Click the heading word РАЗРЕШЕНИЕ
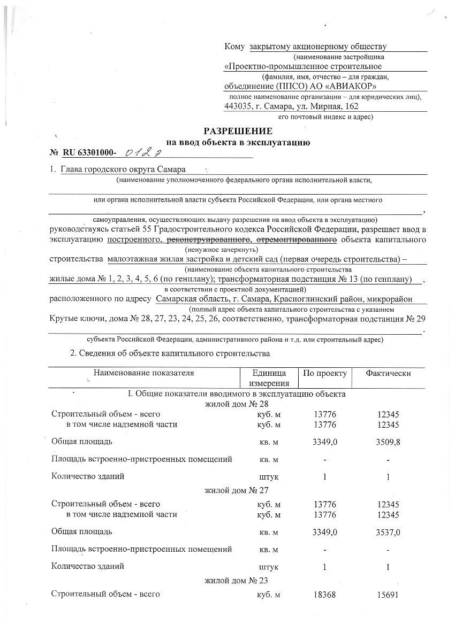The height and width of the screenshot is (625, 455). click(238, 132)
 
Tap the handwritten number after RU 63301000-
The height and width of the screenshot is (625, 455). click(143, 153)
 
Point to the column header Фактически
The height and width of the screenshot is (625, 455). click(388, 373)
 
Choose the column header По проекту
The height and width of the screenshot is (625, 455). click(325, 373)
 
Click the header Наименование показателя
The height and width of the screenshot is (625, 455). click(144, 373)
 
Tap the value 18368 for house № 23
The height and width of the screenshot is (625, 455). click(325, 595)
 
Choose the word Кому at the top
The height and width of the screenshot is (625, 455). click(234, 47)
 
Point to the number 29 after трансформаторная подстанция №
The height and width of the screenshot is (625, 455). click(420, 320)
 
